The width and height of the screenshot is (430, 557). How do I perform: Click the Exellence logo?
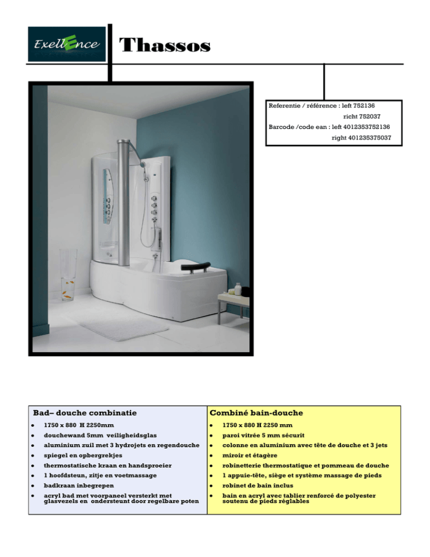pyautogui.click(x=67, y=44)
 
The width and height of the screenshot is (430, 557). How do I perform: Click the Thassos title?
pyautogui.click(x=165, y=45)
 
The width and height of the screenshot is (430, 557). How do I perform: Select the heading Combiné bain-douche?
pyautogui.click(x=256, y=413)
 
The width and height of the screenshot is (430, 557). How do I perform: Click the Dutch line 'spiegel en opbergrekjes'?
pyautogui.click(x=83, y=454)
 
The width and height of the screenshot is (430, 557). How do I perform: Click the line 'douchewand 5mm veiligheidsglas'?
pyautogui.click(x=101, y=435)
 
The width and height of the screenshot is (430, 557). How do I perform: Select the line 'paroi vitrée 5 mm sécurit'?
pyautogui.click(x=264, y=435)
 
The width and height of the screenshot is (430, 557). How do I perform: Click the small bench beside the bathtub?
pyautogui.click(x=233, y=303)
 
